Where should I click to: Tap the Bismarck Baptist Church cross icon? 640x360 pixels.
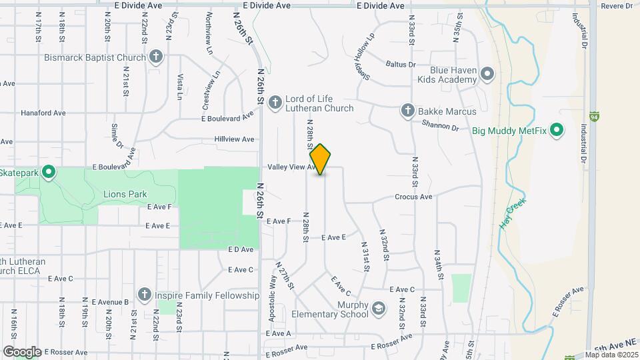[x=156, y=57]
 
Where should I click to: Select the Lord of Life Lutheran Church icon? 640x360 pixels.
[x=275, y=103]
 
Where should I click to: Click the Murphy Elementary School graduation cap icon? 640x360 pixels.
[x=379, y=308]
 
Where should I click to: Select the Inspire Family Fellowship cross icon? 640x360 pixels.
[x=144, y=295]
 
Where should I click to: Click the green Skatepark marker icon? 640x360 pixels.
[x=48, y=173]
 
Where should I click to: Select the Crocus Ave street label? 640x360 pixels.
[x=413, y=197]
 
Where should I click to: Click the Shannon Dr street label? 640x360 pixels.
[x=441, y=125]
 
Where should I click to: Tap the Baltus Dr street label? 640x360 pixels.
[x=401, y=65]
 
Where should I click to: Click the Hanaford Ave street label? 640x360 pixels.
[x=43, y=113]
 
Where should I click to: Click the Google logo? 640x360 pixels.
[x=22, y=351]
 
